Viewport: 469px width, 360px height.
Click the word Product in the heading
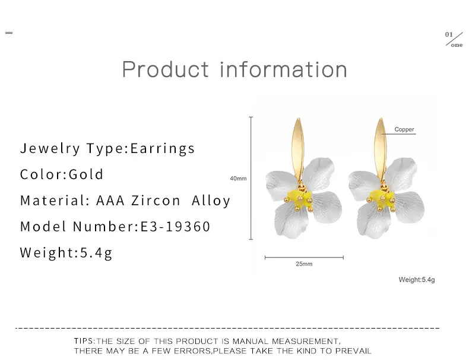[x=166, y=69]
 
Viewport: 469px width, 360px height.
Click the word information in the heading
[x=284, y=69]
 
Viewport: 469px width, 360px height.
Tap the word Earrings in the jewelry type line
[x=163, y=148]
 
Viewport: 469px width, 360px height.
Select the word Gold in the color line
[x=86, y=174]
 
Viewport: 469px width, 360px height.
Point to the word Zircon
[x=156, y=200]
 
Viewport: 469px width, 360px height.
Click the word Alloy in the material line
[x=211, y=201]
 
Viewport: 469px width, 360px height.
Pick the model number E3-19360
[x=175, y=226]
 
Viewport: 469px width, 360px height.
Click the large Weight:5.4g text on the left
[x=66, y=253]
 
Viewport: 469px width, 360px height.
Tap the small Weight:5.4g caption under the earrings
[x=417, y=280]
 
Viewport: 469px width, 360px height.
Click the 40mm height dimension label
[x=238, y=179]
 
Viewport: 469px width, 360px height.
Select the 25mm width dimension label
[x=304, y=264]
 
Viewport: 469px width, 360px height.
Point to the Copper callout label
[x=404, y=129]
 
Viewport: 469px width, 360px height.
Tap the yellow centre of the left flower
[x=299, y=199]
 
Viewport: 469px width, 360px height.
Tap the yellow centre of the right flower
[x=381, y=198]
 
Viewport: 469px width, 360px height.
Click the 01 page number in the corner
[x=449, y=34]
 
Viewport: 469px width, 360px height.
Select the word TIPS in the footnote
[x=84, y=341]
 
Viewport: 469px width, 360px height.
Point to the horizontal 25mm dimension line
[x=304, y=257]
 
